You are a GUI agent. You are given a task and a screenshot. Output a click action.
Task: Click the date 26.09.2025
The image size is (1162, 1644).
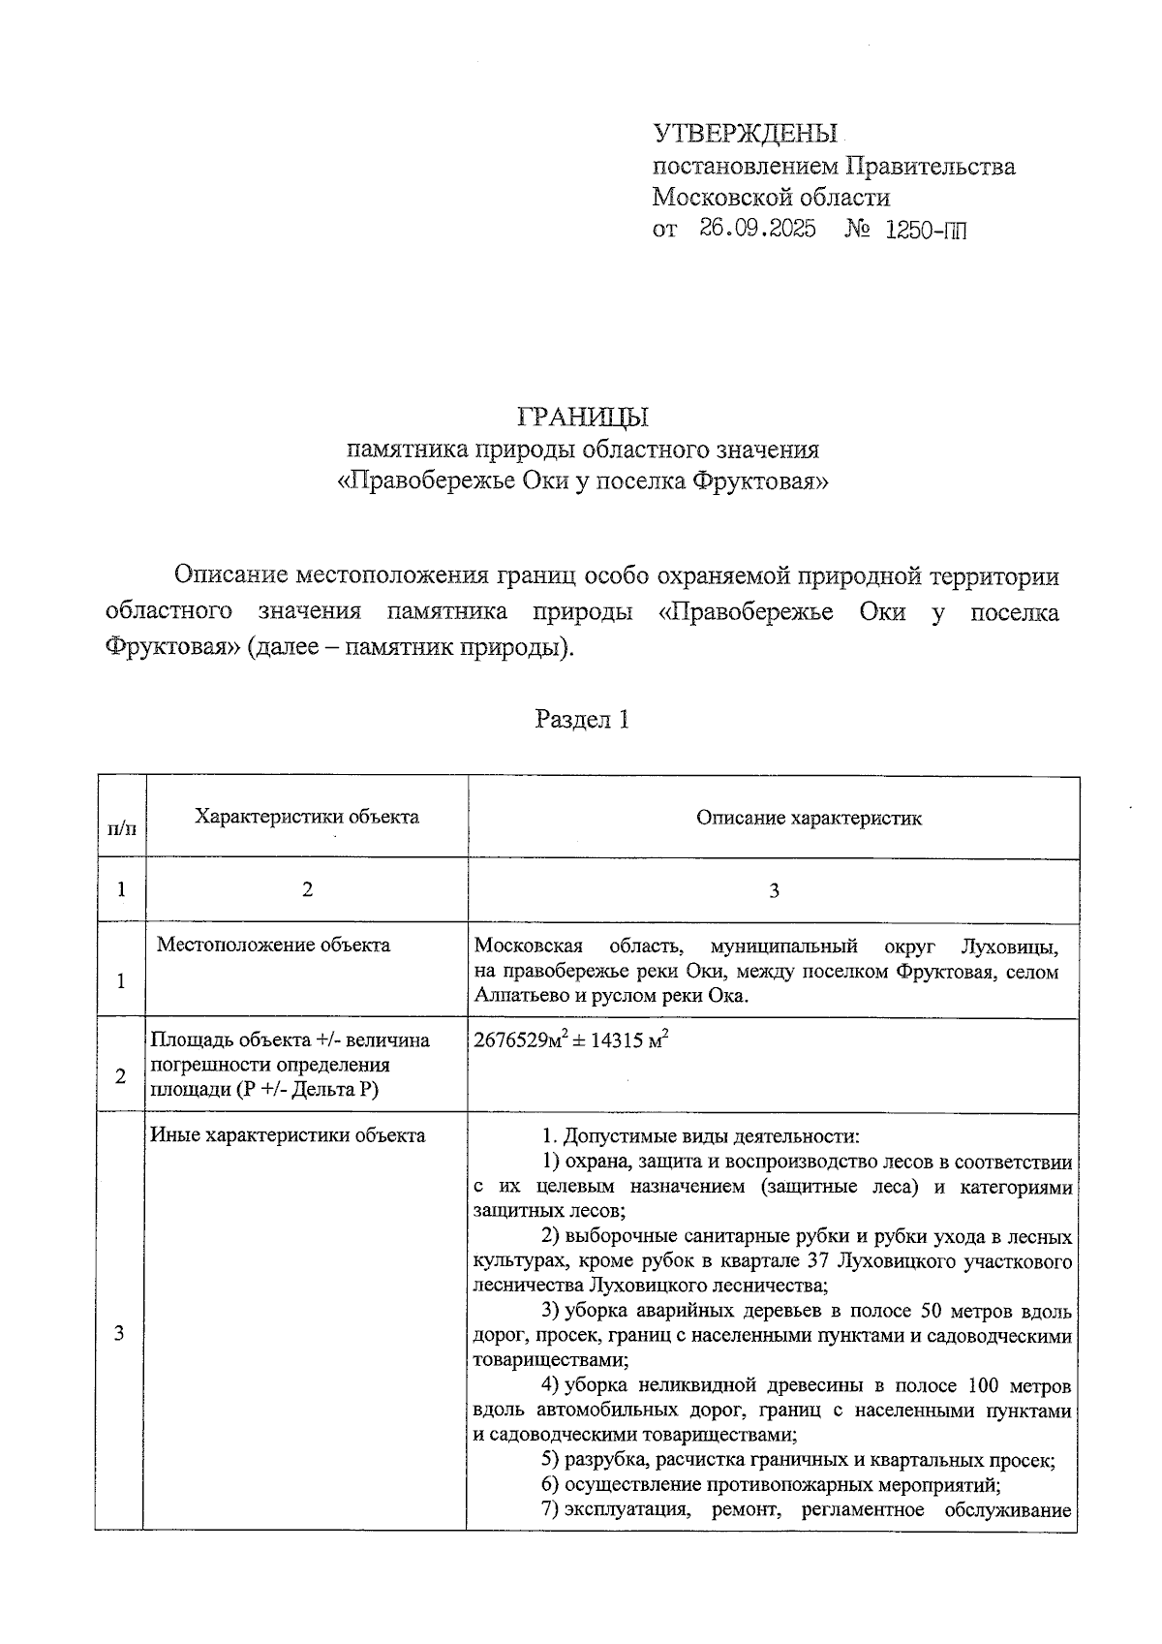tap(757, 230)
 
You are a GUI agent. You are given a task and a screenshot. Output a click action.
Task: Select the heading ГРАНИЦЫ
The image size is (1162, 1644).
tap(583, 417)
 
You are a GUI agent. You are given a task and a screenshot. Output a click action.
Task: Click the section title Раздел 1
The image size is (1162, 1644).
tap(582, 720)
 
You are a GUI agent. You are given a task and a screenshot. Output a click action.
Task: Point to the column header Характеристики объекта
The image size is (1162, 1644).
tap(307, 817)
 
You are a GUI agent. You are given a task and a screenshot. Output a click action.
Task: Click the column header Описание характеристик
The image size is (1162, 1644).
tap(809, 818)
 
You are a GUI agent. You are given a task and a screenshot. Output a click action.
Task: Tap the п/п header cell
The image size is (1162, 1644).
tap(121, 828)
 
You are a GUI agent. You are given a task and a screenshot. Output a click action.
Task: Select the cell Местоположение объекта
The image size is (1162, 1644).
tap(273, 945)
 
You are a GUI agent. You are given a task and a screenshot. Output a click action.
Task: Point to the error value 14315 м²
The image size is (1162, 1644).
tap(629, 1041)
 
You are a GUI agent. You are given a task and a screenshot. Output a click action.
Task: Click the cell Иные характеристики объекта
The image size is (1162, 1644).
tap(288, 1135)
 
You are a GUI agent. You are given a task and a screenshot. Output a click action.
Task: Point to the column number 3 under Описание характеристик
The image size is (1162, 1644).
tap(773, 891)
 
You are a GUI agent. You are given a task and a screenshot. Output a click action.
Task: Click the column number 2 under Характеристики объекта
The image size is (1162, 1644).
tap(307, 889)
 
